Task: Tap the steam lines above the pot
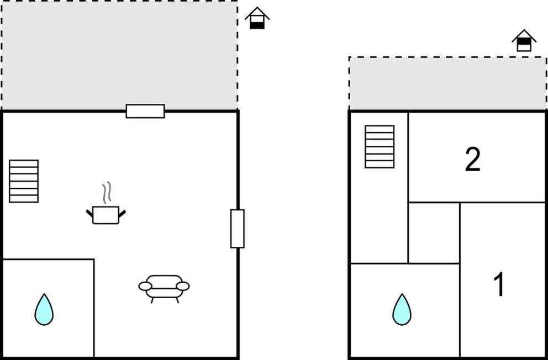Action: (107, 192)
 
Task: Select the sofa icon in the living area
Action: (164, 289)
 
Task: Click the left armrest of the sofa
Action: (145, 287)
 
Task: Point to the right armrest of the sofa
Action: (183, 287)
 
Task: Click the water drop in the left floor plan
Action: (44, 309)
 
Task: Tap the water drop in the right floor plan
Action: (402, 309)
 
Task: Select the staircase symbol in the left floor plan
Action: (24, 181)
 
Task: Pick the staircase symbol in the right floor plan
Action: (380, 147)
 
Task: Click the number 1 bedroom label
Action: (499, 284)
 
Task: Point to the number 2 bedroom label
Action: (472, 159)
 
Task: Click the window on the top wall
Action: (145, 111)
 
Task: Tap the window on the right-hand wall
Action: (238, 229)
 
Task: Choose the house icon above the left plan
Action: (257, 18)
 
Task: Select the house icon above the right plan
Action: (524, 40)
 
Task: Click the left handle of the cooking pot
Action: (90, 213)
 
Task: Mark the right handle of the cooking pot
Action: (122, 213)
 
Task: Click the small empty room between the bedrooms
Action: (434, 232)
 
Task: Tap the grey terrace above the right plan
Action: (447, 84)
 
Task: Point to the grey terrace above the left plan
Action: (119, 55)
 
